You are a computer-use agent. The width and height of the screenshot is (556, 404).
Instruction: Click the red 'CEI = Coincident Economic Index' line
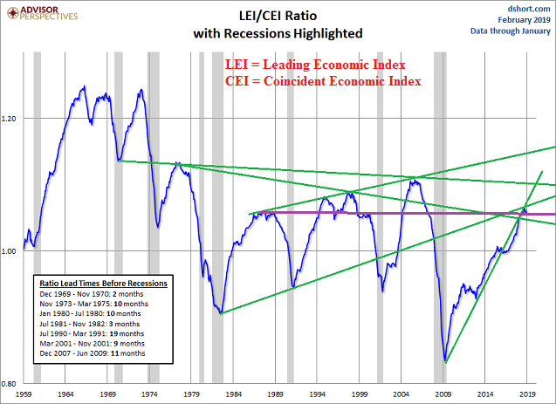(323, 81)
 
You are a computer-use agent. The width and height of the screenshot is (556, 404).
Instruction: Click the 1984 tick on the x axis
(235, 395)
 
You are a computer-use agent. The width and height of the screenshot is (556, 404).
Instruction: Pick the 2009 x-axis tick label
(444, 395)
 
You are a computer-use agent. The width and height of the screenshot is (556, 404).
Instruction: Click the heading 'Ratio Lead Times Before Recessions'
(104, 284)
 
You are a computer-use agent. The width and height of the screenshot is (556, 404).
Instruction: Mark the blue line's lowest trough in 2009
(446, 361)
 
